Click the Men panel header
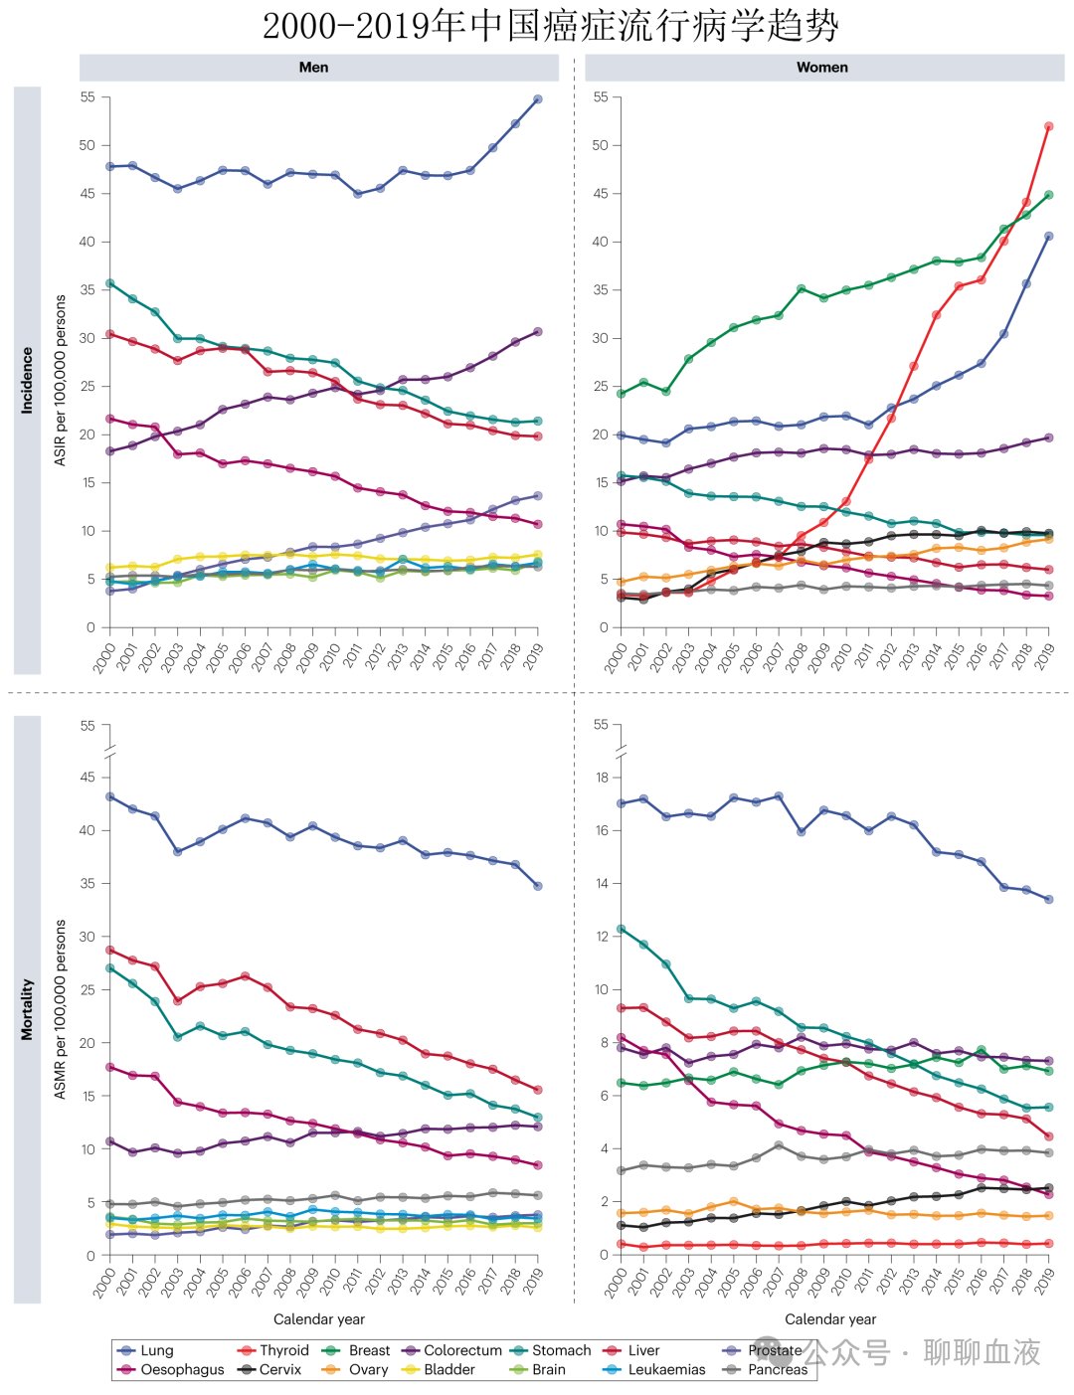pos(313,68)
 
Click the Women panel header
pos(821,68)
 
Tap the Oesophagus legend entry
pos(171,1369)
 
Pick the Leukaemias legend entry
pos(654,1369)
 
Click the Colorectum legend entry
pos(452,1350)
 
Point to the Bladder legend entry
pos(440,1369)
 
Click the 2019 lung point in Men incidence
pos(538,99)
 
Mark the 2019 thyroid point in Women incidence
pos(1048,126)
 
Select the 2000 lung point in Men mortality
pos(109,796)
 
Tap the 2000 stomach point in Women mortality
pos(621,929)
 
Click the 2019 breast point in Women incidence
pos(1048,195)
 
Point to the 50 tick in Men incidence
pos(87,145)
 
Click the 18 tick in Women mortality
pos(601,777)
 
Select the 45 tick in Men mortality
pos(87,777)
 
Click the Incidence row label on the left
pos(27,380)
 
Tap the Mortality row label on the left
pos(27,1009)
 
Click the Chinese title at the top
pos(550,26)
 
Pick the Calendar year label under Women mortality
pos(830,1318)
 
